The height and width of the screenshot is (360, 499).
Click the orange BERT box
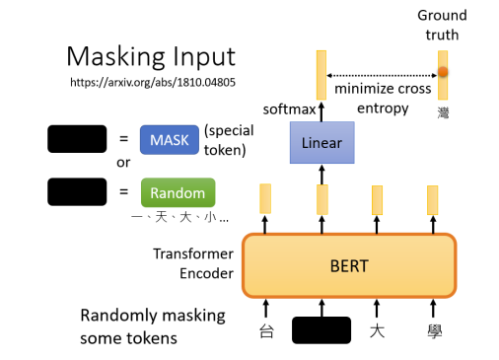coord(350,265)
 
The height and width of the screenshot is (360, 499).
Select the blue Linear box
coord(321,143)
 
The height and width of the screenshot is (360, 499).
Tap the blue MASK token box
coord(170,139)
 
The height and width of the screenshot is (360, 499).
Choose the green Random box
coord(178,191)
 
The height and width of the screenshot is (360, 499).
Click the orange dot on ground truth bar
coord(443,72)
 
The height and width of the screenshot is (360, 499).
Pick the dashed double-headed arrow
coord(381,75)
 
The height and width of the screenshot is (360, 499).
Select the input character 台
coord(265,330)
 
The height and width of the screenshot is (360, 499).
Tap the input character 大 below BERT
coord(377,330)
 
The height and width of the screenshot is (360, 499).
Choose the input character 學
coord(432,330)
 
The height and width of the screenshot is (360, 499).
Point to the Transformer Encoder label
coord(192,264)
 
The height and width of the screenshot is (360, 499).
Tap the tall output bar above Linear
coord(321,75)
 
